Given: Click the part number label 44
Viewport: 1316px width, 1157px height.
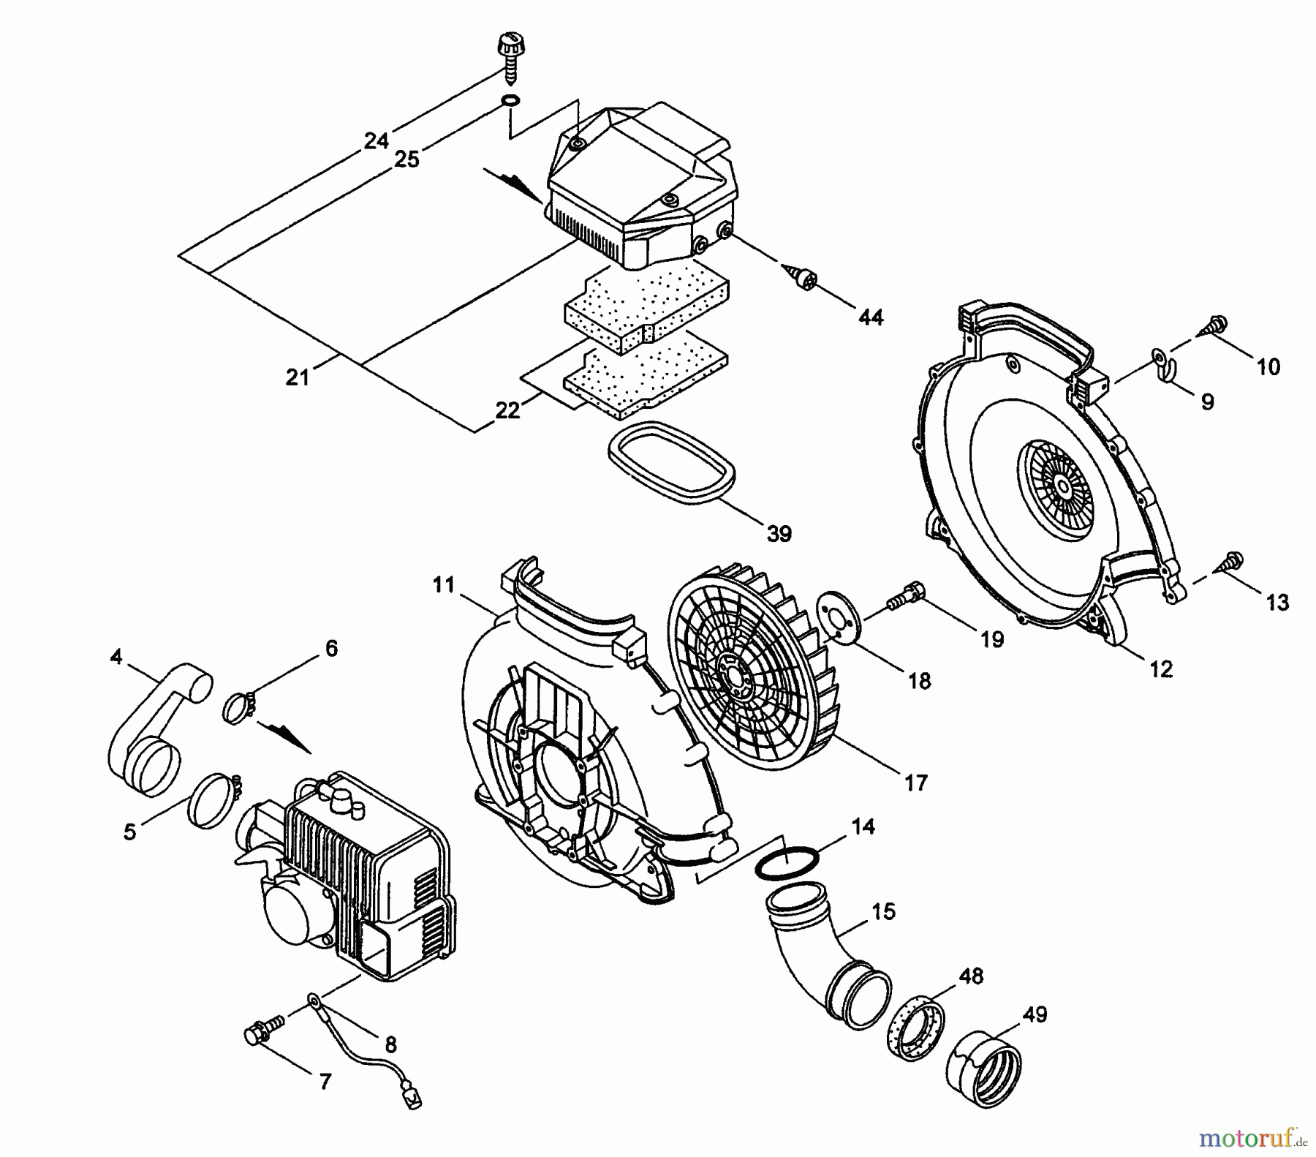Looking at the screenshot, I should click(x=871, y=317).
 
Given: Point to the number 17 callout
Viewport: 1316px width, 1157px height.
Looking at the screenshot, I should click(x=915, y=783).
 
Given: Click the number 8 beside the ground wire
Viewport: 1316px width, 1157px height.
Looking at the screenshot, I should click(x=390, y=1045).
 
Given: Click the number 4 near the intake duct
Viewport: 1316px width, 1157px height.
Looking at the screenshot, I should click(x=116, y=657).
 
